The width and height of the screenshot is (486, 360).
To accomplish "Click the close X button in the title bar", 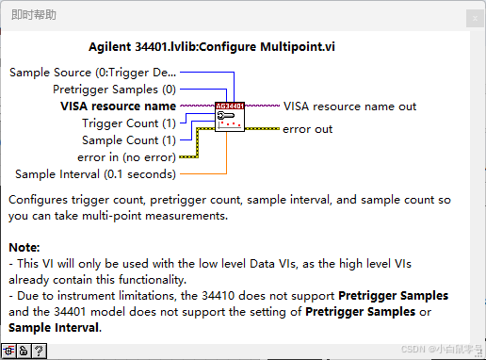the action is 475,19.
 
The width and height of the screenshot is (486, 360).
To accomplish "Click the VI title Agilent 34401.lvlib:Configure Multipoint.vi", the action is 212,47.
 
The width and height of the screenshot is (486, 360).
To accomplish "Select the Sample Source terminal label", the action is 92,73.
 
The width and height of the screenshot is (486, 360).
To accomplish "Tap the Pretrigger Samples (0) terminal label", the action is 114,90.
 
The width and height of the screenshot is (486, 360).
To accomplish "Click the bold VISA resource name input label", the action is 118,106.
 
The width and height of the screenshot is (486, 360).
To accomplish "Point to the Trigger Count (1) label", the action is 129,123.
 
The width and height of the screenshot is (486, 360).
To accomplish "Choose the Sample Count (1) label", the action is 129,140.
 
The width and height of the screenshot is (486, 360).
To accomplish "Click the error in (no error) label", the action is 126,157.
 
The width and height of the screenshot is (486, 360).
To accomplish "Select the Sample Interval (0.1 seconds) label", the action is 95,174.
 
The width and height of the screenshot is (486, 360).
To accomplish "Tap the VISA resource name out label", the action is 349,106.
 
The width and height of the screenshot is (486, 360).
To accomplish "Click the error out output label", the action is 307,129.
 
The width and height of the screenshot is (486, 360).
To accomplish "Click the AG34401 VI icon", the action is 230,117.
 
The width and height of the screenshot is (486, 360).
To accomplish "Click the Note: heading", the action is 24,248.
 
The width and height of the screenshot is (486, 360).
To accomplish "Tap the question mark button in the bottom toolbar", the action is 39,351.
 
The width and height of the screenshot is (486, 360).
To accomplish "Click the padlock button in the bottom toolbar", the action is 24,351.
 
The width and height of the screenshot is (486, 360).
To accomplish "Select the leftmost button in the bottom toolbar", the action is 8,351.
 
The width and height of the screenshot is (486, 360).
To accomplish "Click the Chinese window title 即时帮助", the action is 34,15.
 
